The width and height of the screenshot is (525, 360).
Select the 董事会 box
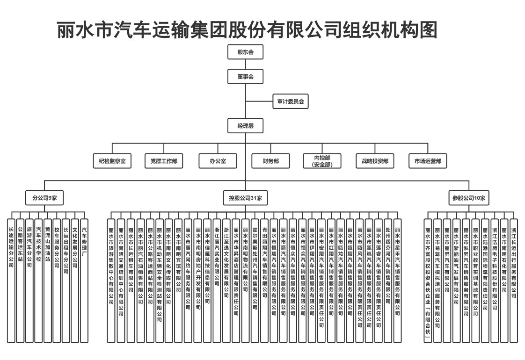coord(245,76)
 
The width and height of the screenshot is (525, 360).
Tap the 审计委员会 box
coord(291,101)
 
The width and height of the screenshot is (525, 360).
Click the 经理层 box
coord(245,126)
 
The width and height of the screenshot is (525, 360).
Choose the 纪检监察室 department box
coord(112,161)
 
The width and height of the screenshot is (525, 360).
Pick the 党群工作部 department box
coord(164,161)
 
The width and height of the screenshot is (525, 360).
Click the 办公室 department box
coord(218,161)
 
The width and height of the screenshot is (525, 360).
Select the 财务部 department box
coord(271,161)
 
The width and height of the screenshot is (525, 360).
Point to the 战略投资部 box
coord(375,161)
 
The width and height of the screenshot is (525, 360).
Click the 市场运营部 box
coord(428,161)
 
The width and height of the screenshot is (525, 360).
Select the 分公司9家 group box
coord(44,198)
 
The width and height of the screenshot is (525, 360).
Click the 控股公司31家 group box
coord(245,198)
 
